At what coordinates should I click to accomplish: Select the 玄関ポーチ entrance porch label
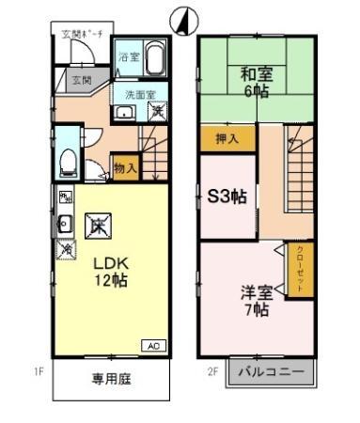82,35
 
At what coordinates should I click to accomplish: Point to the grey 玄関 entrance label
82,81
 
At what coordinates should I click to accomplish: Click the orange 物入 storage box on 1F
126,167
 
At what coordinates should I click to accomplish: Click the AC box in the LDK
151,346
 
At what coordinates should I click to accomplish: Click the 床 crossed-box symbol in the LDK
98,226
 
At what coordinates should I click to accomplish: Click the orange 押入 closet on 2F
226,139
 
